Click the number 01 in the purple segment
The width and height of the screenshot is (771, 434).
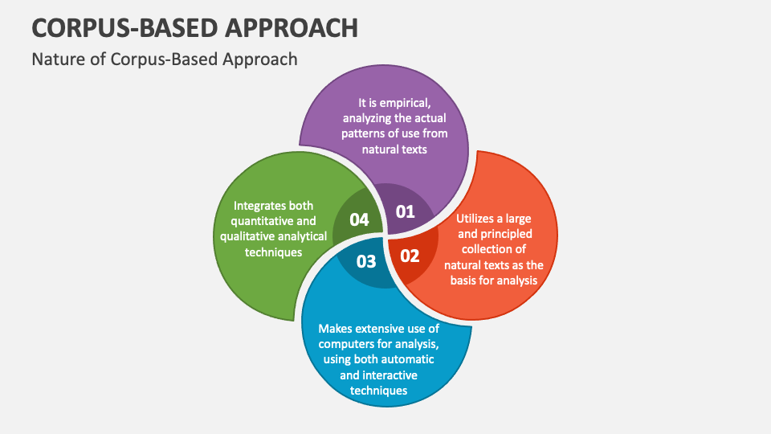[x=406, y=212]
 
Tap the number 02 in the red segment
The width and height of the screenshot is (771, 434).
[x=410, y=256]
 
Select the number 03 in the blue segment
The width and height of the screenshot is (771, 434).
[x=365, y=261]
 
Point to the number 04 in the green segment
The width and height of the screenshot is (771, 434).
[x=359, y=219]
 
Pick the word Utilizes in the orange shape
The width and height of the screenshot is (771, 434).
[x=482, y=219]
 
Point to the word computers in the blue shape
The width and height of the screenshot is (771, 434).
[x=351, y=344]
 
